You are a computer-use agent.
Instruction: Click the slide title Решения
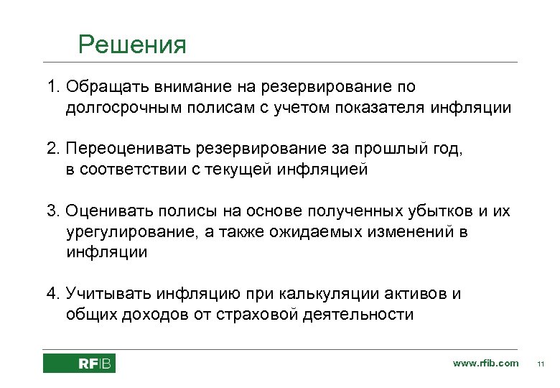pos(132,45)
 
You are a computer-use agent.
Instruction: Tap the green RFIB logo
pos(79,364)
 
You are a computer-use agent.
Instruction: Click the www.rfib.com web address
pos(485,363)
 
